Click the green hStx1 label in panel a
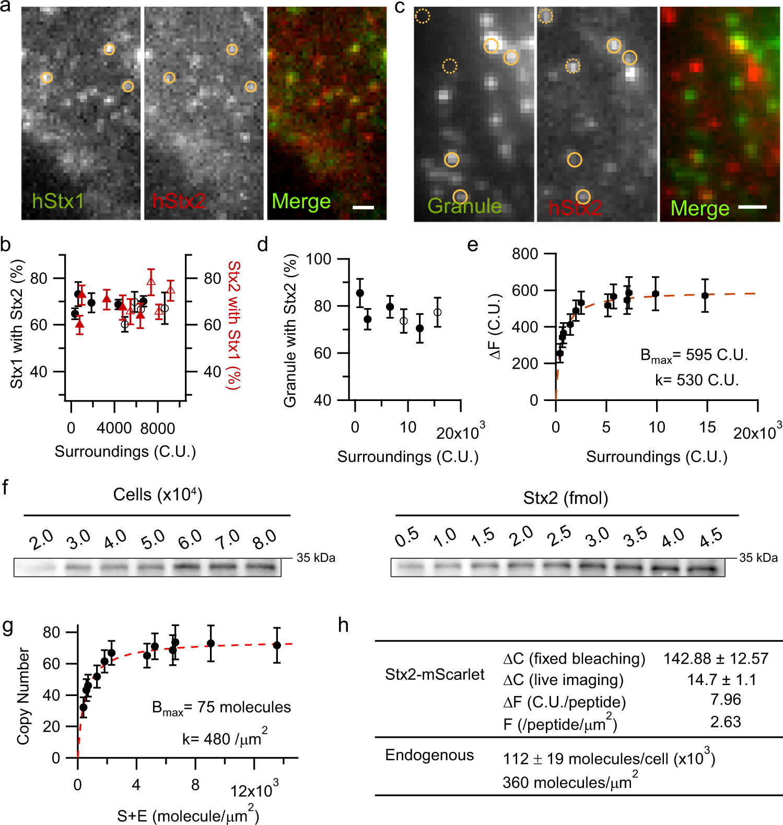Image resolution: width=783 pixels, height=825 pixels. coord(57,202)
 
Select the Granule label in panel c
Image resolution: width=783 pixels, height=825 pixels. coord(464,206)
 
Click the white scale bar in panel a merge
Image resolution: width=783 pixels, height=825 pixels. coord(364,207)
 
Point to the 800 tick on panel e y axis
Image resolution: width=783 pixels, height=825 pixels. coord(525,254)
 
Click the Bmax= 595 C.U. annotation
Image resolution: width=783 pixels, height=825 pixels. coord(694,356)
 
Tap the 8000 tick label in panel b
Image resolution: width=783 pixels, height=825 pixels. coord(158,429)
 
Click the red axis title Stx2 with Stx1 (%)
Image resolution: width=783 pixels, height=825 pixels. coord(233,325)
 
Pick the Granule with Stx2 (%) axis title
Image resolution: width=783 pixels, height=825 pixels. coord(290,330)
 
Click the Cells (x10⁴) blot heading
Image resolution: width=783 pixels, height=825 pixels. coord(158,494)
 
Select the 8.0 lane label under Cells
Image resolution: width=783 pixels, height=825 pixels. coord(264,539)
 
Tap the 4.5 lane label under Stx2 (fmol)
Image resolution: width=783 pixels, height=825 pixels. coord(711,537)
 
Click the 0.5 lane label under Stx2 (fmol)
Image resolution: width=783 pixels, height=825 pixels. coord(406,537)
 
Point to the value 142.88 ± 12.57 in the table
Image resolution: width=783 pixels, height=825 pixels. coord(716,658)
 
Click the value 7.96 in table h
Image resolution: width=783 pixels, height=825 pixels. coord(726,699)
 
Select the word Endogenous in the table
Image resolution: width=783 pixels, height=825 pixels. coord(429,755)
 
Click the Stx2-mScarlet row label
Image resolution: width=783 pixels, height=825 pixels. coord(435,674)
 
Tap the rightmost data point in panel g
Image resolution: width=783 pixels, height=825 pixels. coord(277,645)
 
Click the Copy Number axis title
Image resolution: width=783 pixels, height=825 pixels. coord(23,696)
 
